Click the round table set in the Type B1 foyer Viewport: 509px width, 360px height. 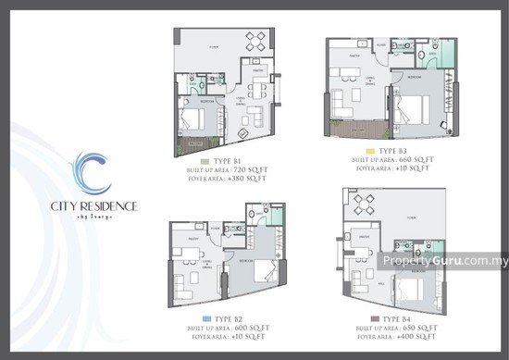pos(256,40)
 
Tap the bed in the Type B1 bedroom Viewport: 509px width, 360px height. pos(196,118)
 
